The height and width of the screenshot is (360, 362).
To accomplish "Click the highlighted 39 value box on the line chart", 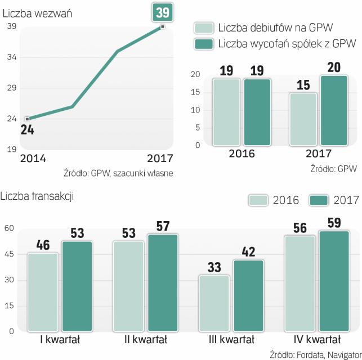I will [163, 12].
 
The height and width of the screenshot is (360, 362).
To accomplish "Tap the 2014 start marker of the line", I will [27, 119].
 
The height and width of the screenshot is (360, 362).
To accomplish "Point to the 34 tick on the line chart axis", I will [11, 57].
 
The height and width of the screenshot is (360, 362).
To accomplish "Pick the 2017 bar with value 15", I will [303, 119].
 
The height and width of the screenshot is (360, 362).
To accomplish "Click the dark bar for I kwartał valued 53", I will [77, 286].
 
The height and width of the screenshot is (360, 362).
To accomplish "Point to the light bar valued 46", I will [42, 292].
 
